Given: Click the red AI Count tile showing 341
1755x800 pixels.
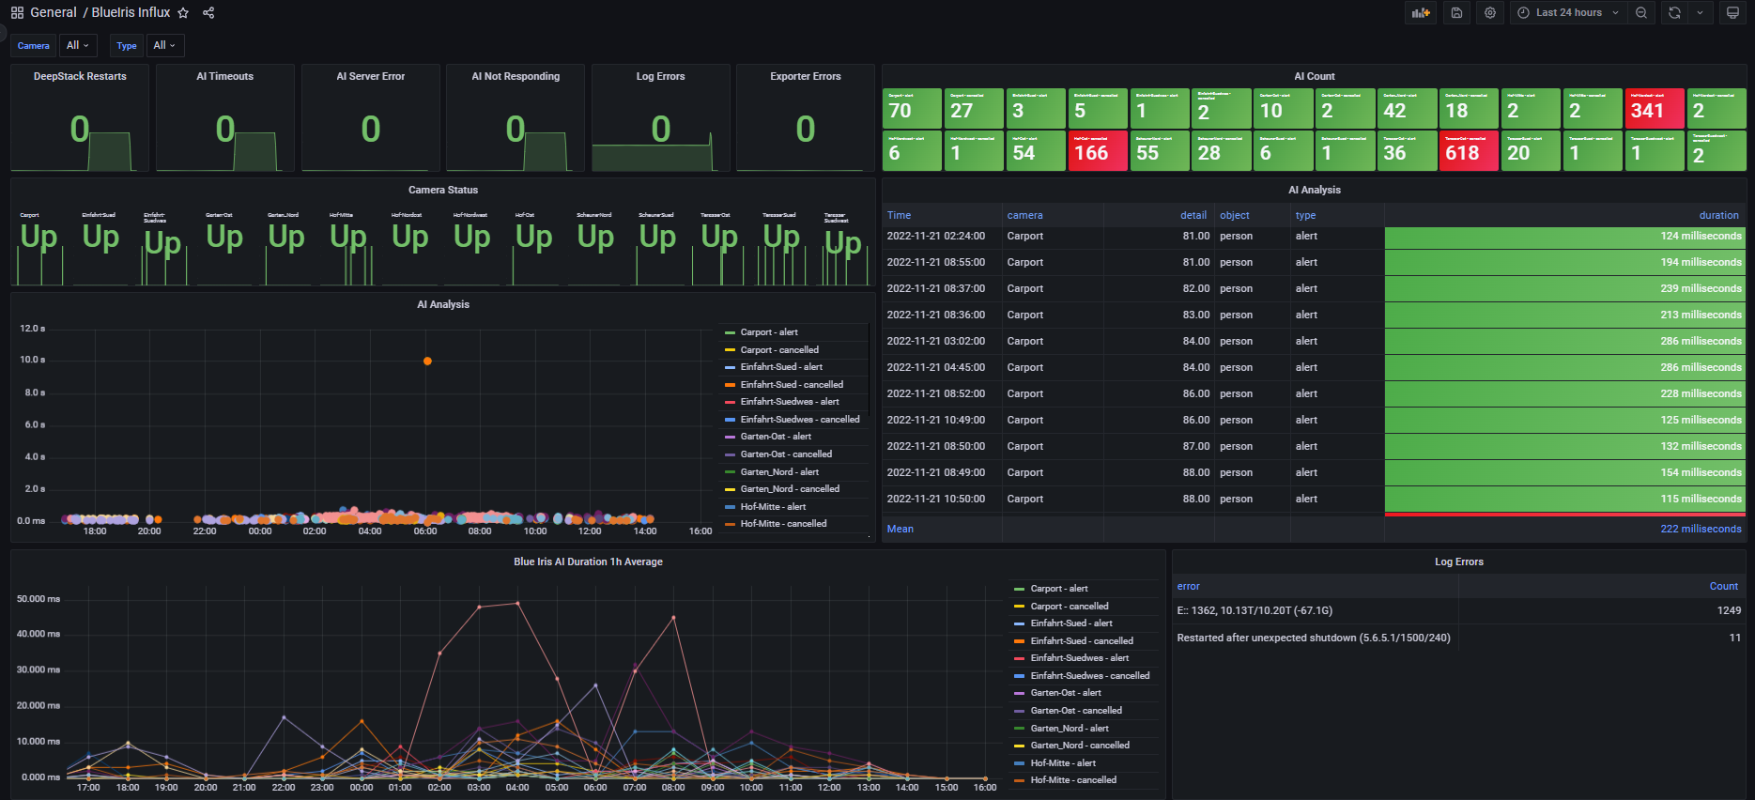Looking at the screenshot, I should pos(1654,109).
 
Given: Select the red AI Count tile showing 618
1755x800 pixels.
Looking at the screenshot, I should pos(1468,151).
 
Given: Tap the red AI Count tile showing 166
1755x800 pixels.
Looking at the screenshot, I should pos(1097,151).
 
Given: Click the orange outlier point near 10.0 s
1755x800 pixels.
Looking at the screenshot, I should pos(427,362).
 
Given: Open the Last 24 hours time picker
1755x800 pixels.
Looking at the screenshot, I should pos(1568,13).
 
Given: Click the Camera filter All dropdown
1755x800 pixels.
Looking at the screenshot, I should pos(77,45).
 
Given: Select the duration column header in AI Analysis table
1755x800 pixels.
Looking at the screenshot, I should pos(1718,215).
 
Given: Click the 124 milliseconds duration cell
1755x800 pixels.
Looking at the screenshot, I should pos(1701,237).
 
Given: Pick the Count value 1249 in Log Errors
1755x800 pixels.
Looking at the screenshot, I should pos(1729,610).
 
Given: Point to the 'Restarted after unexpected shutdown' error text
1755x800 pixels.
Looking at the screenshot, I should pos(1313,638).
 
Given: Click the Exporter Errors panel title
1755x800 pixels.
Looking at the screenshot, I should pos(805,76).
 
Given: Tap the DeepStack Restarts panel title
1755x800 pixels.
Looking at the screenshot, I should pos(80,76).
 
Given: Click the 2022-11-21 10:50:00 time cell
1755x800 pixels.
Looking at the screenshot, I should pos(935,500).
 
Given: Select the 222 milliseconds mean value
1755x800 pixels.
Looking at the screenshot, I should pos(1701,529).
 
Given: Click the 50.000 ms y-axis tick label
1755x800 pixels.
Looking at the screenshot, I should pos(38,599).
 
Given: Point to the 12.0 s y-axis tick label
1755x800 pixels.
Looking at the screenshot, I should pos(32,329).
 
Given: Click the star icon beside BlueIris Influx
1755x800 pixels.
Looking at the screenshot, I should pos(183,13).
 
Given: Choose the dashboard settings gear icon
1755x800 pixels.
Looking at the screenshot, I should pos(1490,13).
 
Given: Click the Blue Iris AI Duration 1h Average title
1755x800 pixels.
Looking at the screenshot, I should pos(588,562).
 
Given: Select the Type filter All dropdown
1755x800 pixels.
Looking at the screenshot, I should pos(165,45).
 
